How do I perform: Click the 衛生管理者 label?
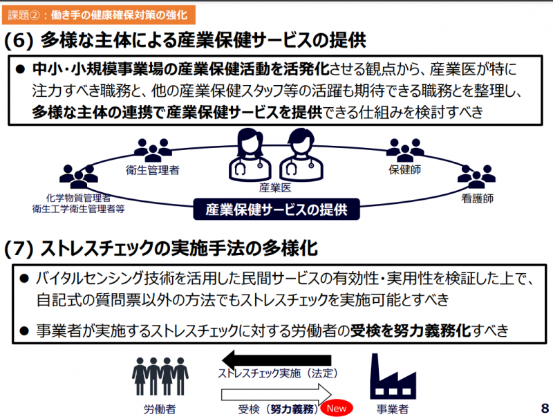[x=153, y=170]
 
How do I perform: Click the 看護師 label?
[x=477, y=198]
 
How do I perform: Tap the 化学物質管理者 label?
[x=78, y=197]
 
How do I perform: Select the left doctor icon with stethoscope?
[x=249, y=154]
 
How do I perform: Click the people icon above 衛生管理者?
[x=152, y=149]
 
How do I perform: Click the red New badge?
[x=337, y=409]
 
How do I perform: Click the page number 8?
[x=544, y=407]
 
